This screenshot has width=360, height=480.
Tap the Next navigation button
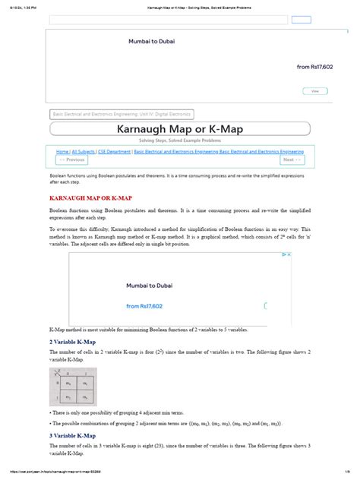(x=292, y=160)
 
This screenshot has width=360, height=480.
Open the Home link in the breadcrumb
(x=62, y=152)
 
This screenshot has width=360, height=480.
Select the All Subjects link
(x=84, y=152)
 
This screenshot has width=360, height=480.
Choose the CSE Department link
(x=114, y=152)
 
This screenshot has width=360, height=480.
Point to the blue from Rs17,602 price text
(x=314, y=67)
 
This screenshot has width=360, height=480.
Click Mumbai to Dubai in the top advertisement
(x=151, y=41)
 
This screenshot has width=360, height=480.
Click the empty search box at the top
(x=167, y=20)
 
